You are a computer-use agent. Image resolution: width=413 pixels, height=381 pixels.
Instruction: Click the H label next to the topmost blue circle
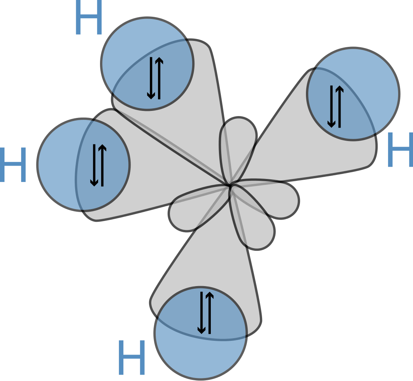pyautogui.click(x=89, y=17)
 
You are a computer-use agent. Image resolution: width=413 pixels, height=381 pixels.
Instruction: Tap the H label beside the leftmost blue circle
pyautogui.click(x=13, y=165)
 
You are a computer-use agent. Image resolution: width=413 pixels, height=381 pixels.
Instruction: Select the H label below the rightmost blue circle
pyautogui.click(x=400, y=150)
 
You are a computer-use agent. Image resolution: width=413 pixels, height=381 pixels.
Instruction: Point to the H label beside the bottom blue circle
pyautogui.click(x=132, y=358)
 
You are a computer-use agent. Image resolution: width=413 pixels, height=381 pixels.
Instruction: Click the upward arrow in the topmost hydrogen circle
pyautogui.click(x=159, y=78)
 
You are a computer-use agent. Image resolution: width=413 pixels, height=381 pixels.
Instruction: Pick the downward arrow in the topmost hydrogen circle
pyautogui.click(x=151, y=78)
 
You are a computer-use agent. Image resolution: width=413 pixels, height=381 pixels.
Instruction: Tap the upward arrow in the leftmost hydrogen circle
pyautogui.click(x=102, y=165)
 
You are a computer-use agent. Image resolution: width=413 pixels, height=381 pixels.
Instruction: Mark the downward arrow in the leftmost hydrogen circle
pyautogui.click(x=94, y=165)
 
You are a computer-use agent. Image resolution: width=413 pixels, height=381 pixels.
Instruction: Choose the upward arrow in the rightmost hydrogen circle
pyautogui.click(x=339, y=107)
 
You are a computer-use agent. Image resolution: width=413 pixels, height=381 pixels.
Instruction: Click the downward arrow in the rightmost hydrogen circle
pyautogui.click(x=331, y=107)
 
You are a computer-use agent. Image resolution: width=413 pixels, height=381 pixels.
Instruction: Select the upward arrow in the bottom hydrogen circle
pyautogui.click(x=210, y=313)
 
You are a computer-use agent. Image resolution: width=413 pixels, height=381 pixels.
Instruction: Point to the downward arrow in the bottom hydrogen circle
pyautogui.click(x=201, y=313)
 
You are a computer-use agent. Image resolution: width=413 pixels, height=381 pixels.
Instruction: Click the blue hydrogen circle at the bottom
pyautogui.click(x=200, y=333)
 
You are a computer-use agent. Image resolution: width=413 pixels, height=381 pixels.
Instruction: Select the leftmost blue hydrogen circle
pyautogui.click(x=84, y=164)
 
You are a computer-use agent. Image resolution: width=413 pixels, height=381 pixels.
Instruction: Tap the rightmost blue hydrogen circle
pyautogui.click(x=353, y=94)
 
